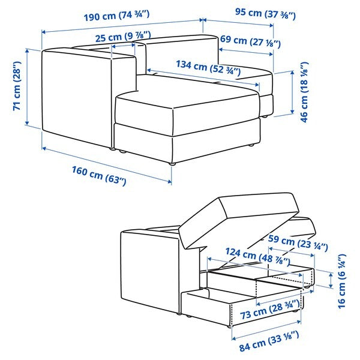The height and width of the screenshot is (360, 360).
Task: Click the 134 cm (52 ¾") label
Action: click(x=209, y=68)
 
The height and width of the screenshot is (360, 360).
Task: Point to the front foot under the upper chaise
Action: click(x=172, y=162)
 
